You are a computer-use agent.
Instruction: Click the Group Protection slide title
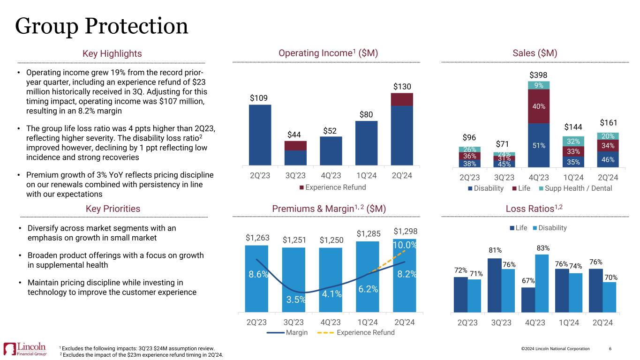102,26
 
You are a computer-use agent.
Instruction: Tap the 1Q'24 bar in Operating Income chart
366,143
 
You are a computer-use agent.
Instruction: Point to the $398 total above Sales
538,75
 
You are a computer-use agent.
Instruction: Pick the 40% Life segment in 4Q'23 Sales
539,106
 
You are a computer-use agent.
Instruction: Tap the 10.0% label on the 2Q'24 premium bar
404,245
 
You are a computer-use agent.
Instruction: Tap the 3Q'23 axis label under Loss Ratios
501,323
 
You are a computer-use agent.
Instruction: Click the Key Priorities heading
113,209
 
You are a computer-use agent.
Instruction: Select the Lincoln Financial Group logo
25,349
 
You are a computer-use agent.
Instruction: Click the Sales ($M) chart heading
535,54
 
